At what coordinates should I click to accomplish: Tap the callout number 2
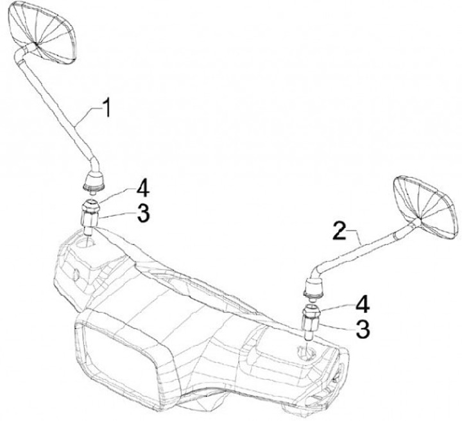click(x=341, y=229)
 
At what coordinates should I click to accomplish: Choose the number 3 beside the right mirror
click(x=364, y=329)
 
